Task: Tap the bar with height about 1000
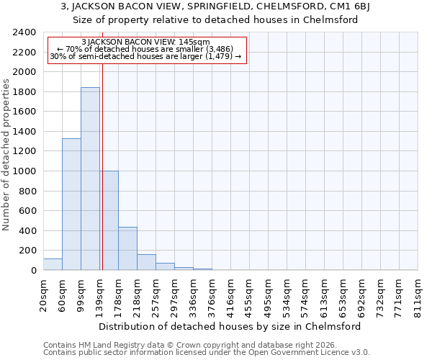pos(109,220)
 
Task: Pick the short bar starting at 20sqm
pos(53,264)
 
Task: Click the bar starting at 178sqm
pos(127,248)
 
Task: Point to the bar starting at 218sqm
pos(146,262)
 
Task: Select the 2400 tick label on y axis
pos(24,32)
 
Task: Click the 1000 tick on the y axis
pos(24,171)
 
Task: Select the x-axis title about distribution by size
pos(230,326)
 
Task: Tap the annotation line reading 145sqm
pos(146,42)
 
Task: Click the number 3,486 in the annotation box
pos(219,49)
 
